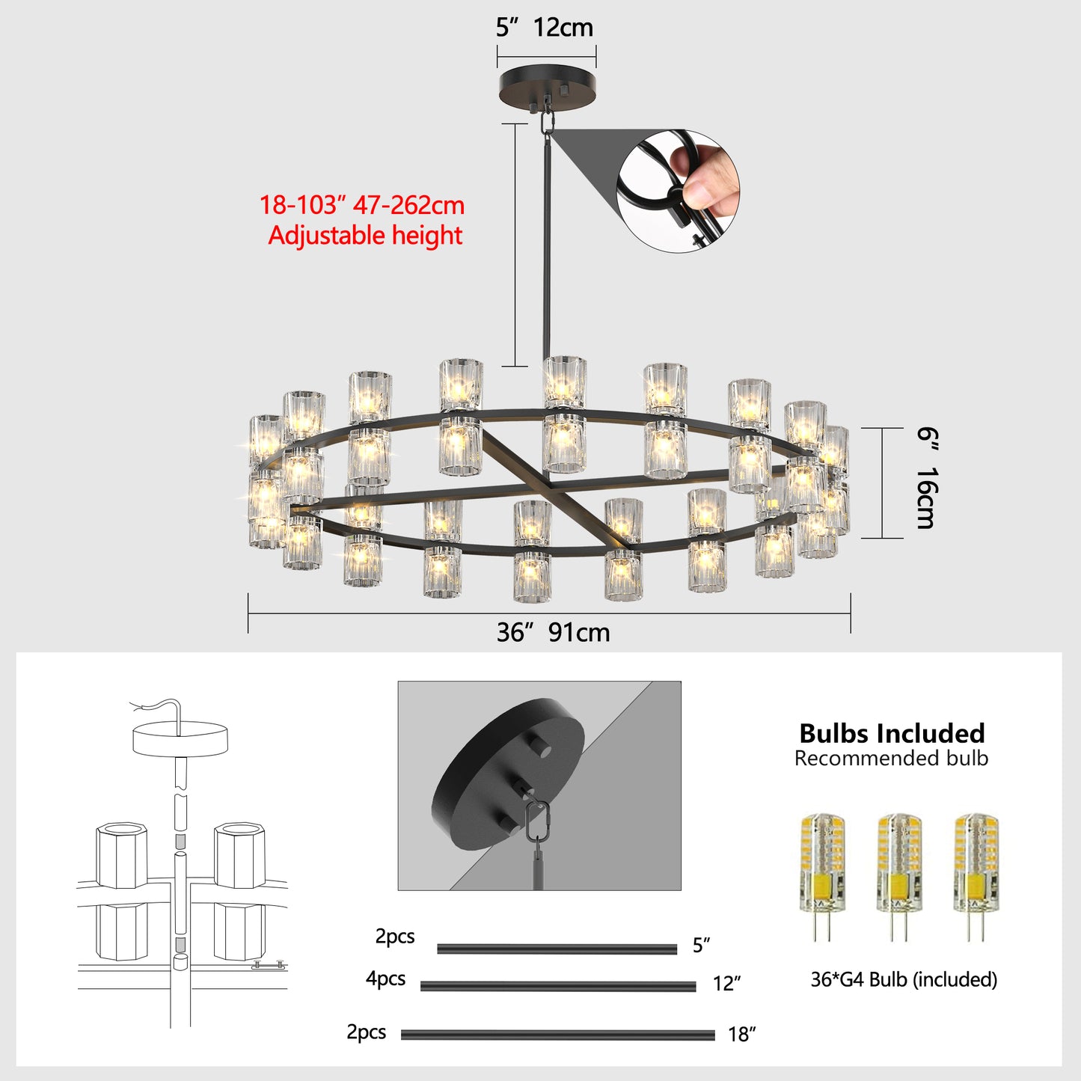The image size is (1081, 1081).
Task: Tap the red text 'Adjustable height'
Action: [x=365, y=236]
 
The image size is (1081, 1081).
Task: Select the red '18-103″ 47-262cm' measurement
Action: [x=362, y=205]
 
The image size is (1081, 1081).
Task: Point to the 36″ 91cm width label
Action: [x=553, y=633]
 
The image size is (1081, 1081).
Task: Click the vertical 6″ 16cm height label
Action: [x=926, y=479]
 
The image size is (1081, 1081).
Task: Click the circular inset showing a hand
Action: [x=678, y=192]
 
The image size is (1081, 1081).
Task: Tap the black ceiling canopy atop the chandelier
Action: [x=547, y=86]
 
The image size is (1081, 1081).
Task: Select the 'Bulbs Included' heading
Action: [x=892, y=733]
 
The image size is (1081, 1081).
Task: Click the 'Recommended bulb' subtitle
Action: [x=891, y=759]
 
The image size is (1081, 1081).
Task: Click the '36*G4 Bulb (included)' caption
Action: [x=904, y=979]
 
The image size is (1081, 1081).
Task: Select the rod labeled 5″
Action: [x=557, y=949]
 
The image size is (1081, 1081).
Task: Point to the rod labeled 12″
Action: [x=557, y=987]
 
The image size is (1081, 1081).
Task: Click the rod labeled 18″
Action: [x=557, y=1035]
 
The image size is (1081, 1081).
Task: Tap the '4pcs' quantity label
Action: [x=385, y=979]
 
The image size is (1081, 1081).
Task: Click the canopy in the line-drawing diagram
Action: [x=180, y=737]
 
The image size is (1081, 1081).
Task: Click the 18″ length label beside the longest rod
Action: [x=741, y=1035]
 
